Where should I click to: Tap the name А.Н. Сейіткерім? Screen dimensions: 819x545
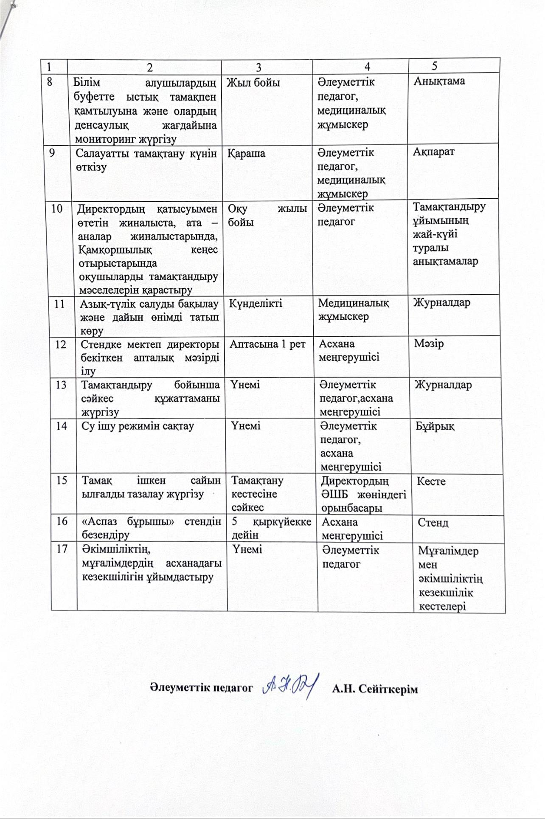[x=375, y=689]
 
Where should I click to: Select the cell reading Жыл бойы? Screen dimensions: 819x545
[x=253, y=82]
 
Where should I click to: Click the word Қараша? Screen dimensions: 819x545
[x=247, y=153]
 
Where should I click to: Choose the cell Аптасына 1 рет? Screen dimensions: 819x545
[x=267, y=344]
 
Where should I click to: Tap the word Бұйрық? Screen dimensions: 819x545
[x=435, y=426]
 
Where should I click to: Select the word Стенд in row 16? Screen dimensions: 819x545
[x=433, y=522]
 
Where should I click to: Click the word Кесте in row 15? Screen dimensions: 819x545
[x=431, y=481]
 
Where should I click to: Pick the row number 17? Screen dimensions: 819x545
[x=62, y=549]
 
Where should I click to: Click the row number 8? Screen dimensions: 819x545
[x=50, y=82]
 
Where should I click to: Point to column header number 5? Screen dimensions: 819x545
[x=435, y=66]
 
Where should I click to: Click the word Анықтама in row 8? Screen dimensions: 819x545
[x=439, y=81]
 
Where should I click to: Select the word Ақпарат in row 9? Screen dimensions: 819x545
[x=434, y=152]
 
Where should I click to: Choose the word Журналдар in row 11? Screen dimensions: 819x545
[x=442, y=303]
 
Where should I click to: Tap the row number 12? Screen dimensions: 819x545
[x=61, y=344]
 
